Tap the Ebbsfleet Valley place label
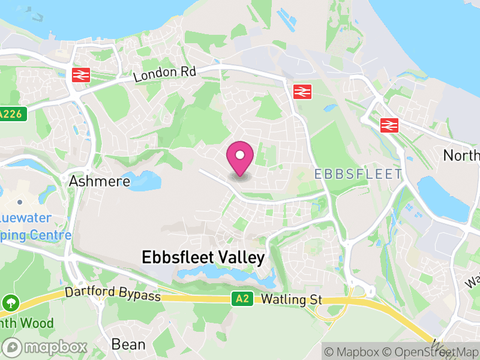tap(203, 257)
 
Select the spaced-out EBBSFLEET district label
tap(358, 174)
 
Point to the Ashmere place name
tap(100, 181)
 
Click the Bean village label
tap(128, 344)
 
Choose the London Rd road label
tap(164, 74)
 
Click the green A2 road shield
tap(240, 298)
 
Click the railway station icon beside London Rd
tap(80, 74)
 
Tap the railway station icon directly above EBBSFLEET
tap(302, 91)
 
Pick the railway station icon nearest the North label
tap(389, 125)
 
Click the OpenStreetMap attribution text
tap(432, 352)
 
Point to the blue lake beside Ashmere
tap(145, 180)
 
